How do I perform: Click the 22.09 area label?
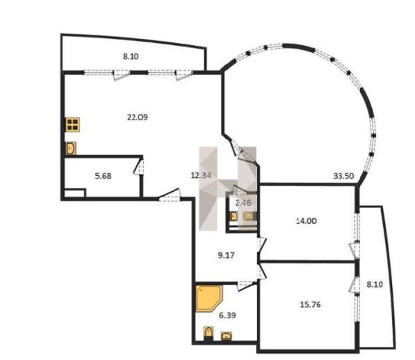point(138,117)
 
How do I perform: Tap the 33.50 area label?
point(343,176)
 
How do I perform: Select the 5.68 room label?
point(103,176)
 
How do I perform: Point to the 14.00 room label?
point(307,221)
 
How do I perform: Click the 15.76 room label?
point(310,304)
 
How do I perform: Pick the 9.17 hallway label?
point(226,255)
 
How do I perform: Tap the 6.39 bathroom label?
point(227,316)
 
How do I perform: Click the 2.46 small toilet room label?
point(243,203)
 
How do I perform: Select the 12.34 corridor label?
point(201,175)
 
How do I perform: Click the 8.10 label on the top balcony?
point(131,56)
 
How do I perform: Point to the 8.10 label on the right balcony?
point(375,285)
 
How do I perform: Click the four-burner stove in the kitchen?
point(73,124)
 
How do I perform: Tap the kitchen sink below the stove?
point(71,149)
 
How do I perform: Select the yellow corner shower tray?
point(209,298)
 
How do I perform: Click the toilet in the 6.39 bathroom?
point(209,333)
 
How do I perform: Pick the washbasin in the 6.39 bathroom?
point(227,336)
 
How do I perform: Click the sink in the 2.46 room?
point(234,217)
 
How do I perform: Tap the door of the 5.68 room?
point(139,167)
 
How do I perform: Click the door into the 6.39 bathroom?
point(245,285)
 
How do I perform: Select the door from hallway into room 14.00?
point(261,245)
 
